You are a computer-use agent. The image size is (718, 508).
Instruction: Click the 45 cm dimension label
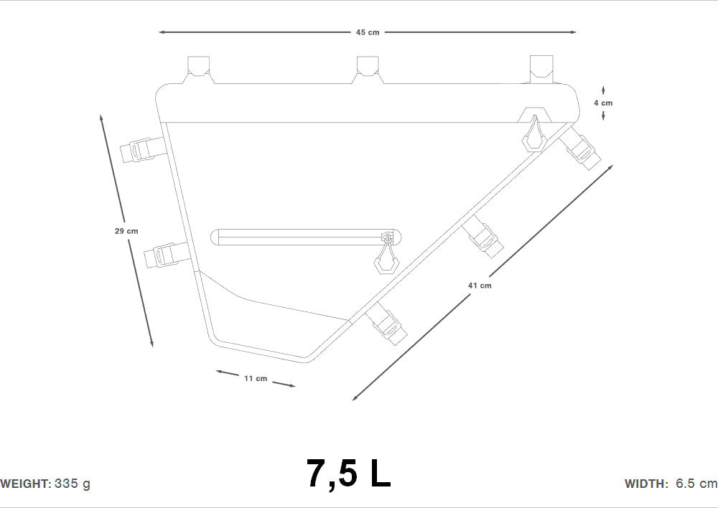pyautogui.click(x=367, y=32)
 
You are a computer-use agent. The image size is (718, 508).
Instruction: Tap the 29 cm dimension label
pyautogui.click(x=126, y=231)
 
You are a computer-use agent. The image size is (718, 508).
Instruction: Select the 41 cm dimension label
pyautogui.click(x=480, y=286)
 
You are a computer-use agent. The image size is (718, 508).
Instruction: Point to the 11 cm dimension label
pyautogui.click(x=256, y=378)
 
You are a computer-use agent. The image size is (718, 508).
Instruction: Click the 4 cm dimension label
pyautogui.click(x=603, y=103)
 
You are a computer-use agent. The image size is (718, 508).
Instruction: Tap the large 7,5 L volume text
pyautogui.click(x=348, y=474)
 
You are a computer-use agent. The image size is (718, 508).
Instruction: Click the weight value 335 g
pyautogui.click(x=73, y=484)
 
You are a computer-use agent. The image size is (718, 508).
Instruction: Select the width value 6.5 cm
pyautogui.click(x=696, y=484)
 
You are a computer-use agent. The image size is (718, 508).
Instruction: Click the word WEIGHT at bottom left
pyautogui.click(x=26, y=484)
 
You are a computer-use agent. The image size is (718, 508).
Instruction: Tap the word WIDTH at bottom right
pyautogui.click(x=647, y=484)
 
